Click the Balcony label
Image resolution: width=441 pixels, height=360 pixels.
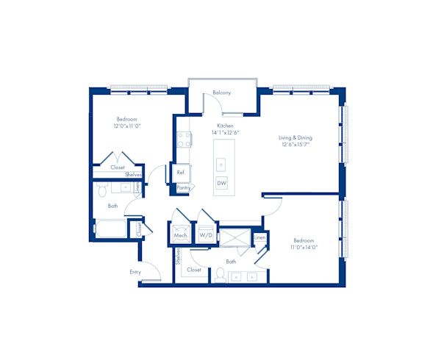222,93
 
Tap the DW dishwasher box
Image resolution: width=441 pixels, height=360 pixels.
221,183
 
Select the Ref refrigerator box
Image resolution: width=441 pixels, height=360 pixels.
181,173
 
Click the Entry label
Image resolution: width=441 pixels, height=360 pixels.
135,273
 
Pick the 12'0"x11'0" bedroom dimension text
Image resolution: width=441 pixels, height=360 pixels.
126,126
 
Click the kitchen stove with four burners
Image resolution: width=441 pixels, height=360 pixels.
184,140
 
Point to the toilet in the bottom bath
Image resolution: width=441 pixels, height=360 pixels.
219,275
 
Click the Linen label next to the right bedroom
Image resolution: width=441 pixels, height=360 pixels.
259,238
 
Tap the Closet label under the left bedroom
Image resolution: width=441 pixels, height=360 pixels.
118,168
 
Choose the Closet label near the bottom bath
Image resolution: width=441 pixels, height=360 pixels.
194,270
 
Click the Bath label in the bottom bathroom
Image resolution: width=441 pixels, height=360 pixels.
231,261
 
